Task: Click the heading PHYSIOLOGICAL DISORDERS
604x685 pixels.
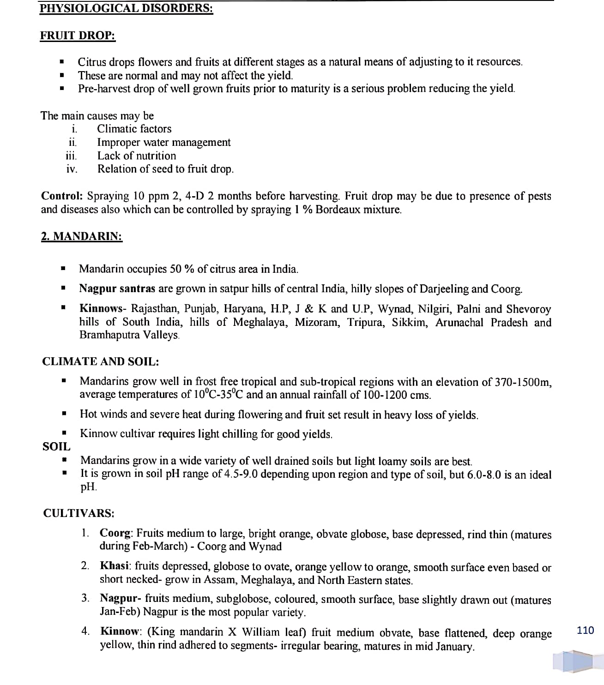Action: (126, 8)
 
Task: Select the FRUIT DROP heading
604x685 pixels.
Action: (78, 36)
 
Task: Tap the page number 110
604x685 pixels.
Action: (586, 630)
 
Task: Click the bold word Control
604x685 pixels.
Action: (62, 196)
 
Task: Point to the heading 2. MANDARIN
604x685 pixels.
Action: (82, 236)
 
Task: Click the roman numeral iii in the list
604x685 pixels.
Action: (71, 156)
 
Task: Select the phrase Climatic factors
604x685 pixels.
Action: (134, 129)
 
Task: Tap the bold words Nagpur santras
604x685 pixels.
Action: (117, 288)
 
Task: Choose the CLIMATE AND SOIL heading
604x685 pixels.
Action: (101, 361)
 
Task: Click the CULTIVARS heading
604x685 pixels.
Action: (79, 513)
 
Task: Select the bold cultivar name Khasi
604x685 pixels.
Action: (115, 566)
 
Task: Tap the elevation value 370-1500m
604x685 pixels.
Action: (523, 382)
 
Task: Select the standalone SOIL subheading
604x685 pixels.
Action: (56, 446)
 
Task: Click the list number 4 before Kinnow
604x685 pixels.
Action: (85, 631)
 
